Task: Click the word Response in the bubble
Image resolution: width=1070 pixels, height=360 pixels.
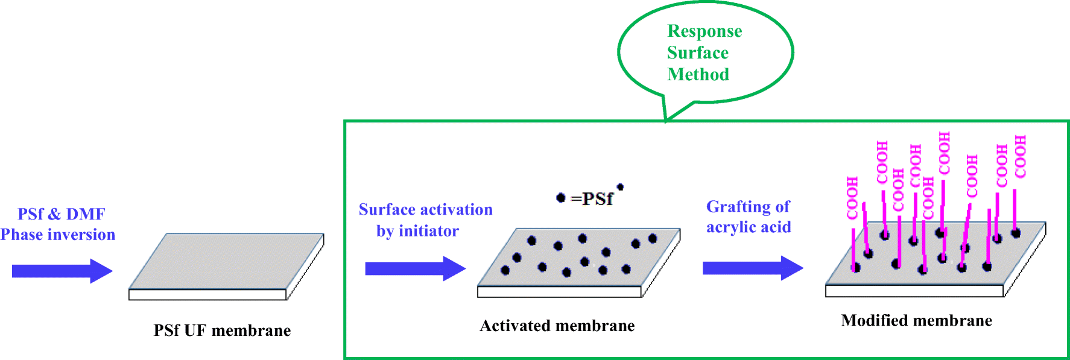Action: coord(704,31)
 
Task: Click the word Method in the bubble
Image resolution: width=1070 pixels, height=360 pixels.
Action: coord(698,75)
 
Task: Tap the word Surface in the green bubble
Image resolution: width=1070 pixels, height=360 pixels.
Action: coord(697,53)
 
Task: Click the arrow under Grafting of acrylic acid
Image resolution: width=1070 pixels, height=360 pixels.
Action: coord(752,268)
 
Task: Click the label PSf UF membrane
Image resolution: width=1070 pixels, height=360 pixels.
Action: coord(222,330)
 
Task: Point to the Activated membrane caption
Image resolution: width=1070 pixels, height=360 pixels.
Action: coord(557,326)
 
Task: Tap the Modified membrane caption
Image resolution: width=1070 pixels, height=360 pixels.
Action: coord(916,320)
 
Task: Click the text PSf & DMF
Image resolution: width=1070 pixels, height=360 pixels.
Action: coord(61,214)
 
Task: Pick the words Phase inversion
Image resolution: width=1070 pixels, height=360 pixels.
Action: coord(57,235)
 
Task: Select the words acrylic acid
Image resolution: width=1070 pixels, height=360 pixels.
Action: coord(749,227)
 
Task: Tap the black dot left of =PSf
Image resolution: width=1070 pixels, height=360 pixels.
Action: coord(560,198)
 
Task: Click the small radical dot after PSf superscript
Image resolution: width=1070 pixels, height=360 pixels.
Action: coord(620,187)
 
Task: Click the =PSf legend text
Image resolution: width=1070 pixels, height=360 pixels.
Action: coord(592,198)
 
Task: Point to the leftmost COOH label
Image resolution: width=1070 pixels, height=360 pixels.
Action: coord(852,198)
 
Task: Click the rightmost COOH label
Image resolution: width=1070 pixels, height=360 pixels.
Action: coord(1020,157)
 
